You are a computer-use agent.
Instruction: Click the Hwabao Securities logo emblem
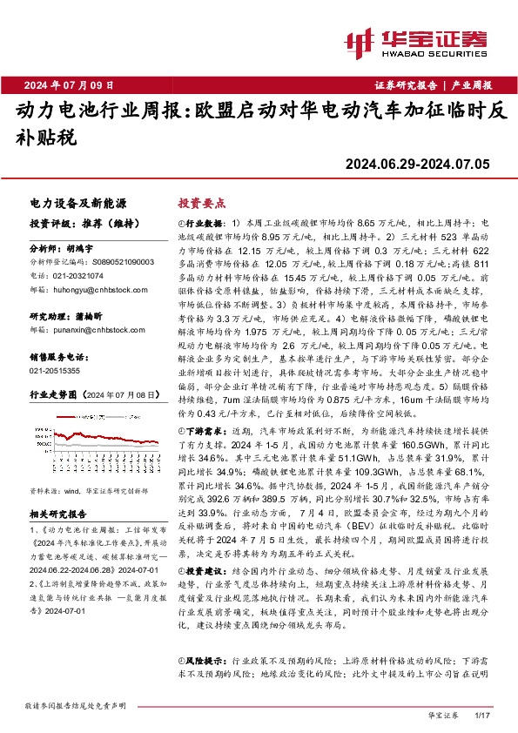pyautogui.click(x=360, y=41)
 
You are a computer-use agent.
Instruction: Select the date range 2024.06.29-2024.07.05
pyautogui.click(x=419, y=162)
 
